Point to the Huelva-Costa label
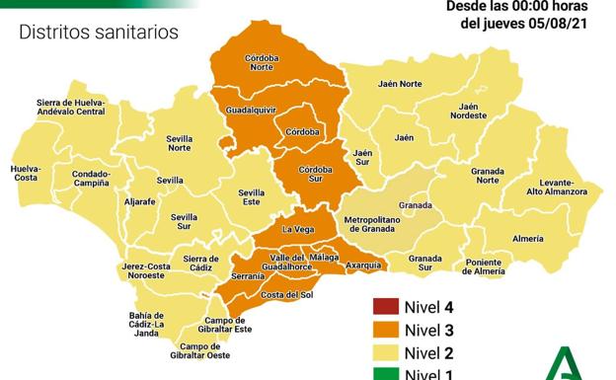pos(27,173)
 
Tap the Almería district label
pos(528,238)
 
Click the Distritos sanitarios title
pos(99,33)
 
